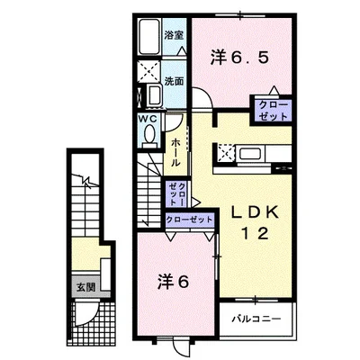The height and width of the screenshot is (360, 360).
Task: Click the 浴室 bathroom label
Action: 174,35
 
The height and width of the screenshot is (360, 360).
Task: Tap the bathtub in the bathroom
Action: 149,36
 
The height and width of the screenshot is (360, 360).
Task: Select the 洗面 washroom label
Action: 174,81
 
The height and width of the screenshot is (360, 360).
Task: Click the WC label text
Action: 148,119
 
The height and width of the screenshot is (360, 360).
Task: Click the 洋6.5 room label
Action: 238,58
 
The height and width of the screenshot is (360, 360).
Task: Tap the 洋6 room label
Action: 174,282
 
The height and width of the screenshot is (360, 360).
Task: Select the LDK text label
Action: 255,212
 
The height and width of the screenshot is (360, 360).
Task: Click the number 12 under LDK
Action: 255,233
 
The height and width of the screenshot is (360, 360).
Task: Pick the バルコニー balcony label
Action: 256,319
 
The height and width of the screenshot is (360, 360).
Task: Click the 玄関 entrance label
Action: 85,287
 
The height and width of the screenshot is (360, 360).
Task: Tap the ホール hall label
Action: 175,153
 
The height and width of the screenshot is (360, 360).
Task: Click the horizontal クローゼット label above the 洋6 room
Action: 189,220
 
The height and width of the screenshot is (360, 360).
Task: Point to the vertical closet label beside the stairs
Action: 176,193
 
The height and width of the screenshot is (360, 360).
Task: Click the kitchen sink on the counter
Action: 251,154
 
